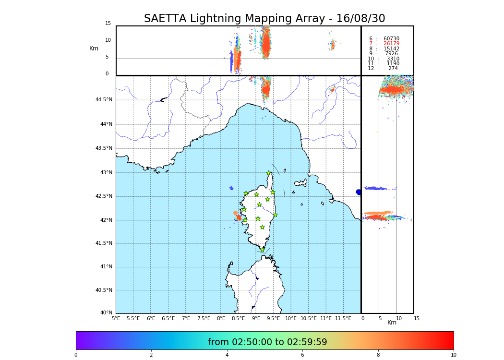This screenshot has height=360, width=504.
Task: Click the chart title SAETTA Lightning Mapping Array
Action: [x=264, y=19]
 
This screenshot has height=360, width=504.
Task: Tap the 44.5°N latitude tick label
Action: [x=104, y=100]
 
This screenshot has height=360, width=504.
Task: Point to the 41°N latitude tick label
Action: [x=105, y=267]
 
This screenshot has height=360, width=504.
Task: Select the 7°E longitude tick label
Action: [x=186, y=318]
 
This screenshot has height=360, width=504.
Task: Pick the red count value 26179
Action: [x=391, y=44]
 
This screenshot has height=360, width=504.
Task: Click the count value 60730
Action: [x=391, y=39]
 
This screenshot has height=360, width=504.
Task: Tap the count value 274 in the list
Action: [x=393, y=69]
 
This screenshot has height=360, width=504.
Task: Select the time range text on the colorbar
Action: [x=267, y=342]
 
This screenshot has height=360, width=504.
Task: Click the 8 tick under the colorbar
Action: [x=378, y=355]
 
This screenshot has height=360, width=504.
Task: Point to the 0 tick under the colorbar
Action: [x=76, y=355]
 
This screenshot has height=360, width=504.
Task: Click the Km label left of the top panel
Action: [x=94, y=48]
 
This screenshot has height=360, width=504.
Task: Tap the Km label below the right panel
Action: [x=392, y=323]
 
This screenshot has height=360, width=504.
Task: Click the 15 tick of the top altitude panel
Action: [x=108, y=24]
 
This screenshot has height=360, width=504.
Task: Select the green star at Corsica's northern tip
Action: [x=269, y=173]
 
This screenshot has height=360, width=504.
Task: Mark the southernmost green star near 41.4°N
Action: [x=262, y=250]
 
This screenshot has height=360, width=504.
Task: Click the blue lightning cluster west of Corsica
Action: [x=231, y=188]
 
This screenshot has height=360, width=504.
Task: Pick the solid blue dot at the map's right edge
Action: [x=359, y=192]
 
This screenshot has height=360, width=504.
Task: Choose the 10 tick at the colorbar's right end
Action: [x=453, y=355]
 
